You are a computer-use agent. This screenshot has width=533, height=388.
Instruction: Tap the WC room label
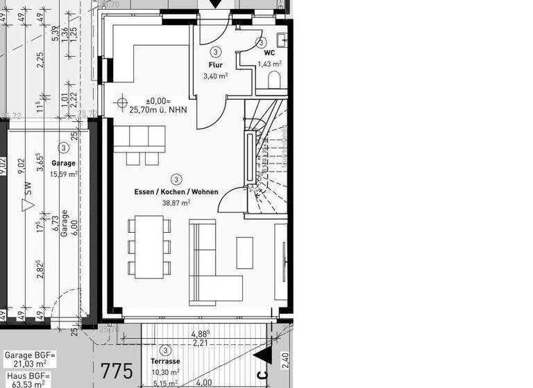269,52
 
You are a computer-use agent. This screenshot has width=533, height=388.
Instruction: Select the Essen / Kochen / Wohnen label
176,192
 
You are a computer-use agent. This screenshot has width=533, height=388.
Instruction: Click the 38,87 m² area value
176,203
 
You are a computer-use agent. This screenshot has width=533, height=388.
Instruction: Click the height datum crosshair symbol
123,105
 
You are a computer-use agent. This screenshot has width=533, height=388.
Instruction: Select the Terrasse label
165,362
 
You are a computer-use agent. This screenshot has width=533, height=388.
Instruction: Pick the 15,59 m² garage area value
63,174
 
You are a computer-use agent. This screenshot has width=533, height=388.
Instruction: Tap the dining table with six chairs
149,247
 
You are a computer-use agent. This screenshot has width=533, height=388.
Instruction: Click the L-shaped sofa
212,267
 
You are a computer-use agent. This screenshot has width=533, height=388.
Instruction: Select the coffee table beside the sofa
245,252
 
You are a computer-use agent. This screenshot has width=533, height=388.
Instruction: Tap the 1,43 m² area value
269,64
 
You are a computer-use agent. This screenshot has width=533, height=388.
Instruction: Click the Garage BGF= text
27,355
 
